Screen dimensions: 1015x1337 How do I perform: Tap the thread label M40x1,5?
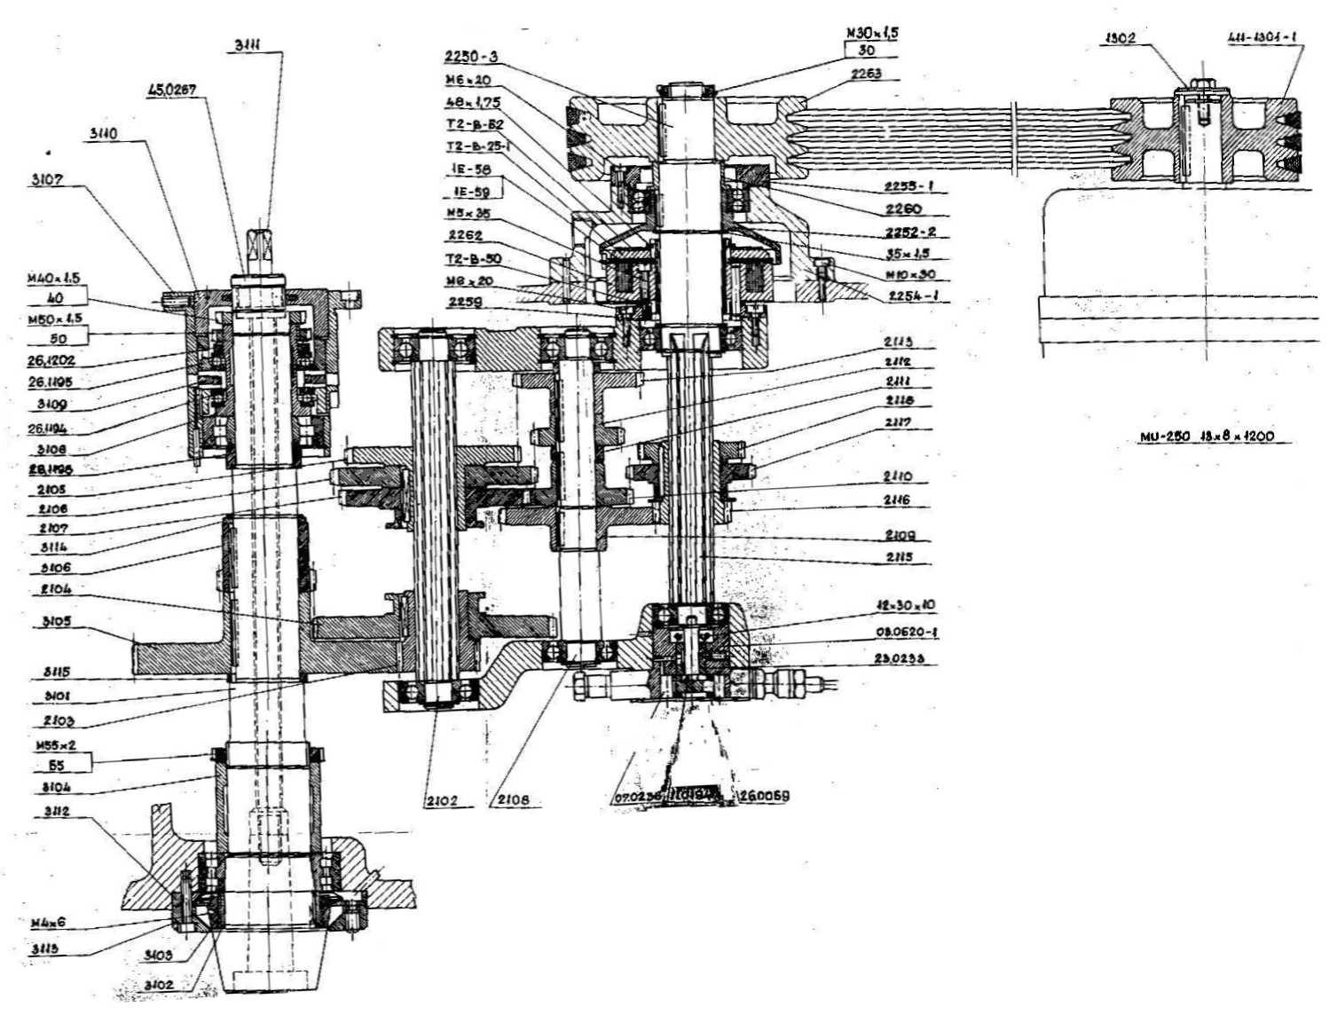pyautogui.click(x=53, y=279)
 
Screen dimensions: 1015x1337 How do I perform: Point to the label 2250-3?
pyautogui.click(x=471, y=57)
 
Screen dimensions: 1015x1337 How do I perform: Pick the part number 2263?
pyautogui.click(x=865, y=75)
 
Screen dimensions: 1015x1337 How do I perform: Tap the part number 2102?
pyautogui.click(x=440, y=800)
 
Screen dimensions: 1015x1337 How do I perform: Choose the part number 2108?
pyautogui.click(x=513, y=800)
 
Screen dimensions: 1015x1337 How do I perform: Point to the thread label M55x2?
pyautogui.click(x=56, y=747)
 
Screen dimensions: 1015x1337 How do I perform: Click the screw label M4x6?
pyautogui.click(x=48, y=923)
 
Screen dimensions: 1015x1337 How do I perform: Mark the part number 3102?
pyautogui.click(x=158, y=985)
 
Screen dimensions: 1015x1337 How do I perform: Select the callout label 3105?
pyautogui.click(x=57, y=622)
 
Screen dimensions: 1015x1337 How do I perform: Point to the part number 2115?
pyautogui.click(x=898, y=557)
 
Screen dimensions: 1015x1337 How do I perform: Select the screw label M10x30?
pyautogui.click(x=910, y=274)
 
